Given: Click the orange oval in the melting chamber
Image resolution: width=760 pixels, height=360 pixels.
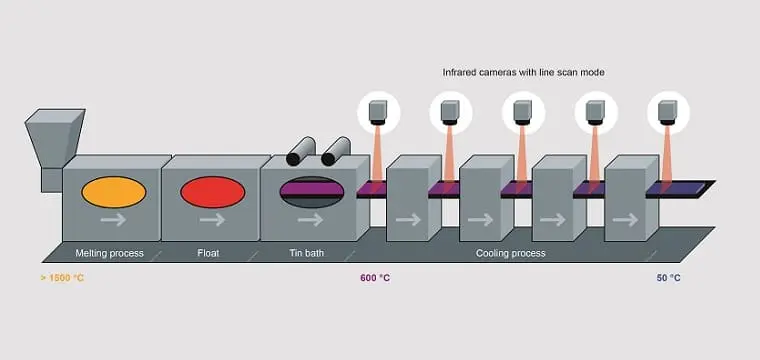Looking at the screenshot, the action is pyautogui.click(x=113, y=192).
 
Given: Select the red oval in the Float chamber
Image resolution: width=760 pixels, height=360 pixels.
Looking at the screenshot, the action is pyautogui.click(x=212, y=192).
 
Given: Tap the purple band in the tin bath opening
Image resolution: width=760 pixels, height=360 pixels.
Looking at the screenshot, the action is pyautogui.click(x=312, y=187).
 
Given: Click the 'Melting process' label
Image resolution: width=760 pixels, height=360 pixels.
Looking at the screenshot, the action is pyautogui.click(x=110, y=253).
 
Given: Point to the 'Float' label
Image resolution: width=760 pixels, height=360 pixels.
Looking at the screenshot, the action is pyautogui.click(x=208, y=253).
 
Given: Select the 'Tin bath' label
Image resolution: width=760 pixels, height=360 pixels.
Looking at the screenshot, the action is pyautogui.click(x=307, y=253).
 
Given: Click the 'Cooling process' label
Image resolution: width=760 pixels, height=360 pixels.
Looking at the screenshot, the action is pyautogui.click(x=510, y=253).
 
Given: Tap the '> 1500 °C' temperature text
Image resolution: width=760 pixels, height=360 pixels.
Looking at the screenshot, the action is pyautogui.click(x=62, y=278).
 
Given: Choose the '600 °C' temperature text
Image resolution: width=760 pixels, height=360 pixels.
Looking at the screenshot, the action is pyautogui.click(x=375, y=278).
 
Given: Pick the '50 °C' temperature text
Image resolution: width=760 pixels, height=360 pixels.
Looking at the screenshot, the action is pyautogui.click(x=668, y=278).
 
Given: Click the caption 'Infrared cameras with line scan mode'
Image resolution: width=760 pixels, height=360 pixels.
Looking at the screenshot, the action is pyautogui.click(x=523, y=72).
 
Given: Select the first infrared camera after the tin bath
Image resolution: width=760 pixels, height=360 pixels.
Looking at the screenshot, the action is pyautogui.click(x=378, y=113).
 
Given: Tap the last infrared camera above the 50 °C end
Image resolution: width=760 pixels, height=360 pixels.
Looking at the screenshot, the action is pyautogui.click(x=668, y=113).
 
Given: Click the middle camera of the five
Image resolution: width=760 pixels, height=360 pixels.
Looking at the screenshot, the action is pyautogui.click(x=523, y=113).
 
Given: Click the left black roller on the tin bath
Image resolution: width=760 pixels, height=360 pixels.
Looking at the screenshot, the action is pyautogui.click(x=301, y=151).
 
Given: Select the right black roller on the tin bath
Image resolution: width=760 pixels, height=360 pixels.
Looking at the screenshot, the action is pyautogui.click(x=336, y=151).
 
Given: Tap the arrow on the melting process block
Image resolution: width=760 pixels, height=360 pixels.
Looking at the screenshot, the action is pyautogui.click(x=113, y=220).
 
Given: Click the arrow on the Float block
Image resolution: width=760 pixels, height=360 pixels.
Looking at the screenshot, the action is pyautogui.click(x=212, y=220).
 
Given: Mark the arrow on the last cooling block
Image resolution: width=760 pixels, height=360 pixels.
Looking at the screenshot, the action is pyautogui.click(x=625, y=220).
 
